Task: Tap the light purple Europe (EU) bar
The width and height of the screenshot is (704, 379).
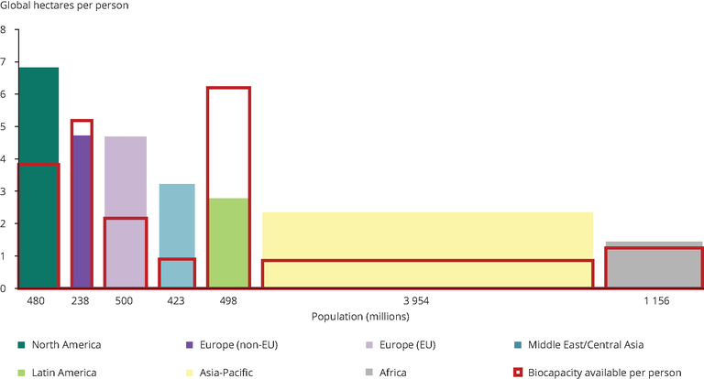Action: tap(126, 174)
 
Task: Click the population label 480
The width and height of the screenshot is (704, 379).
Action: tap(37, 300)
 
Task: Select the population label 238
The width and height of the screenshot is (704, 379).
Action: tap(82, 300)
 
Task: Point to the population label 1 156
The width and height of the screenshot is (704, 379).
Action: tap(653, 300)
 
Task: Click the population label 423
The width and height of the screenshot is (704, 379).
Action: tap(176, 300)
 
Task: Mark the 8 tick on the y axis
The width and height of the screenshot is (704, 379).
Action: tap(4, 30)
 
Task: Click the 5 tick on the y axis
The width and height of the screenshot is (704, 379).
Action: tap(4, 127)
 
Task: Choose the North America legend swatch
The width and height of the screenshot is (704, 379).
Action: tap(20, 345)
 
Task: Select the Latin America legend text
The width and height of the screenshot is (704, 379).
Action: tap(64, 373)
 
